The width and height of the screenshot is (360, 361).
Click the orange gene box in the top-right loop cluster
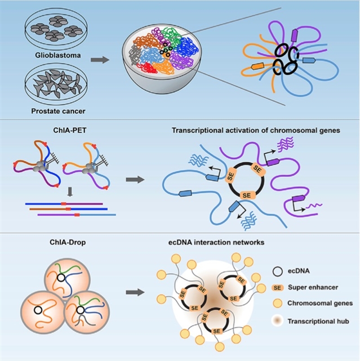pyautogui.click(x=256, y=66)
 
